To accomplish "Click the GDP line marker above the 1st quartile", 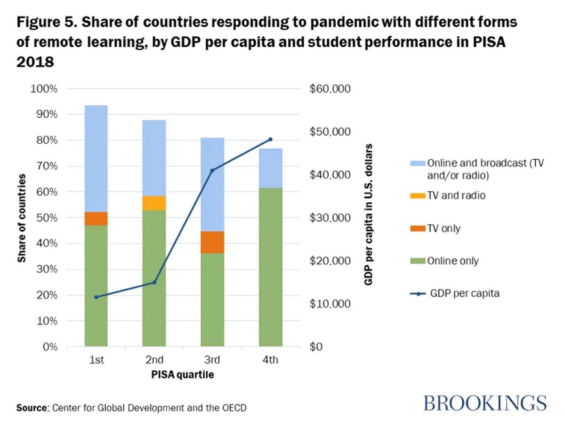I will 96,297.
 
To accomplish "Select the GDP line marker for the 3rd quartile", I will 212,170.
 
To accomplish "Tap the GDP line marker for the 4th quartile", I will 270,139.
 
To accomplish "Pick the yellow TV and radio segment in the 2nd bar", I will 154,203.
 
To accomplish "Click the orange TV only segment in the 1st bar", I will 96,219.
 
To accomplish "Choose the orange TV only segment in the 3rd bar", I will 212,242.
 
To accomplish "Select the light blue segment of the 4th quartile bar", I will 270,168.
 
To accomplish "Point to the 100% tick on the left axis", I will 43,89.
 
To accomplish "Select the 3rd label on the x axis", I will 212,360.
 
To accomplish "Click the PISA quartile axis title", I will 183,375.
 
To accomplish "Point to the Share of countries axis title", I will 22,218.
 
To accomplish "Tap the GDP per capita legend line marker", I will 419,294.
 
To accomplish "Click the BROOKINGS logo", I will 485,403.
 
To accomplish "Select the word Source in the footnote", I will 32,407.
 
